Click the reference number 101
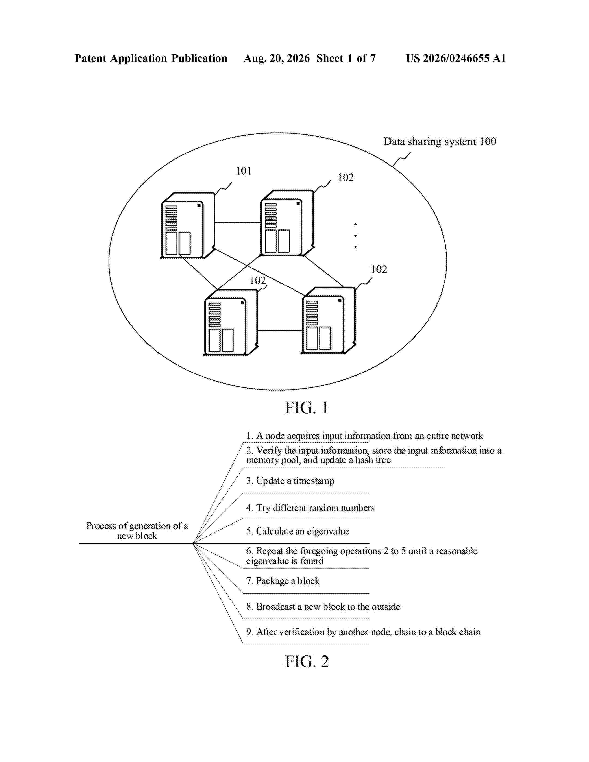coord(243,171)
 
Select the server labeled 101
coord(187,225)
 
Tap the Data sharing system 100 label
coord(440,141)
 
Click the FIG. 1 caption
coord(307,408)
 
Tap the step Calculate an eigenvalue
coord(298,531)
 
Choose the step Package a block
coord(283,581)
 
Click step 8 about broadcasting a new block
coord(323,607)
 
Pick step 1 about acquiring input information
coord(365,436)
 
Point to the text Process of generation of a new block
coord(137,531)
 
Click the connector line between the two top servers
coord(238,222)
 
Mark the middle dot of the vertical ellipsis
coord(355,236)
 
